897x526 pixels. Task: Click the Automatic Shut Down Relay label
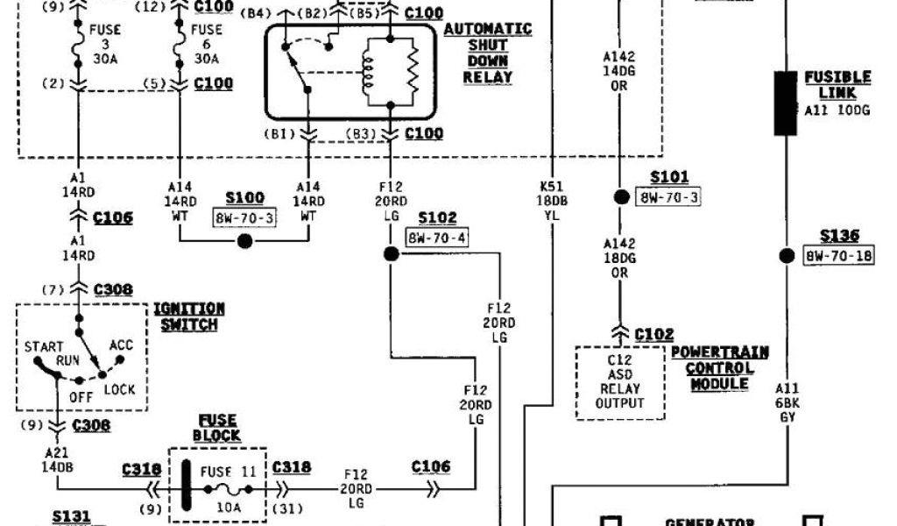point(488,53)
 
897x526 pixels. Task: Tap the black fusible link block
point(785,103)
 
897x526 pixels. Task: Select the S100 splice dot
point(245,240)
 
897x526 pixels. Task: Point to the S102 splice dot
point(391,254)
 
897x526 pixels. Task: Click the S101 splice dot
point(620,197)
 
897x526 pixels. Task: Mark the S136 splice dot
point(786,256)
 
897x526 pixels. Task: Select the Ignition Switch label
point(188,316)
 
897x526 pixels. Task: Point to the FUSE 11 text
point(225,471)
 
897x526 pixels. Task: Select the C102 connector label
point(654,334)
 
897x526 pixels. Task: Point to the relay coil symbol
point(367,73)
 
